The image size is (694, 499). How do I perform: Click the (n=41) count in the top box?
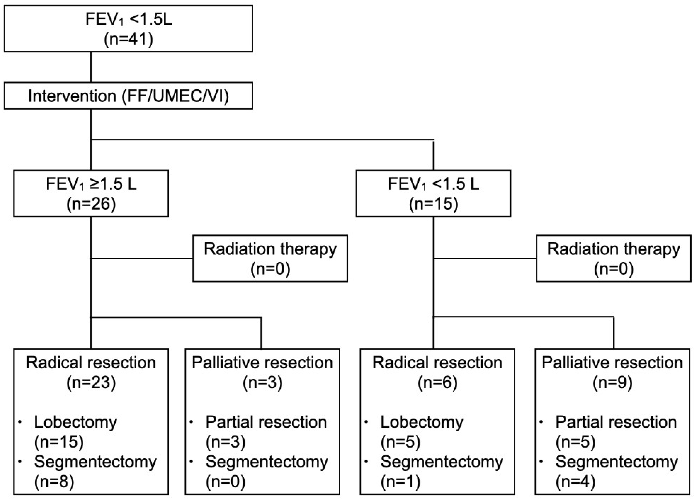click(x=128, y=39)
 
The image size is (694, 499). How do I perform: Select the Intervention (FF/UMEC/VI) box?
click(x=128, y=96)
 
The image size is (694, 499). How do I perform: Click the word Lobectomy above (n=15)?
click(x=75, y=422)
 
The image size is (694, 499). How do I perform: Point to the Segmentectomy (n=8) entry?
click(x=95, y=471)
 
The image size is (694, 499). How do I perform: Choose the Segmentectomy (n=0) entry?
click(x=266, y=471)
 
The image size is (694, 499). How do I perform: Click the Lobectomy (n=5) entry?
click(x=421, y=431)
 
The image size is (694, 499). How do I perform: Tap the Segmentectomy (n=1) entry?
click(x=441, y=471)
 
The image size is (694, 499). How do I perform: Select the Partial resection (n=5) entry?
click(x=616, y=431)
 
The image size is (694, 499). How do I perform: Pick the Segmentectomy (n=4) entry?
click(x=616, y=471)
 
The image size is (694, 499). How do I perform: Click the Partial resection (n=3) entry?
click(x=266, y=431)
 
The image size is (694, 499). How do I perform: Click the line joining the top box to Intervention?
click(x=91, y=67)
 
